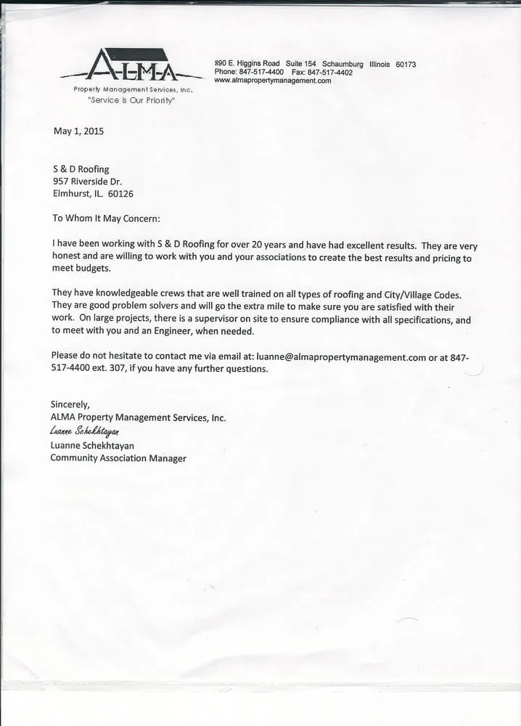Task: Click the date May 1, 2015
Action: pyautogui.click(x=78, y=131)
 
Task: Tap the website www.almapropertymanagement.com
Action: pyautogui.click(x=273, y=81)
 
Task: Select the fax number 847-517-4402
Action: pyautogui.click(x=330, y=73)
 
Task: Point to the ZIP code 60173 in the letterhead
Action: pyautogui.click(x=406, y=65)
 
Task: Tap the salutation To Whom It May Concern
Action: pyautogui.click(x=106, y=218)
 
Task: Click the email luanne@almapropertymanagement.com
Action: pyautogui.click(x=341, y=356)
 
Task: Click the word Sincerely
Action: pyautogui.click(x=70, y=404)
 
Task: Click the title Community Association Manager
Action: pyautogui.click(x=118, y=458)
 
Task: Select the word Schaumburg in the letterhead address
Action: pyautogui.click(x=342, y=65)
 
